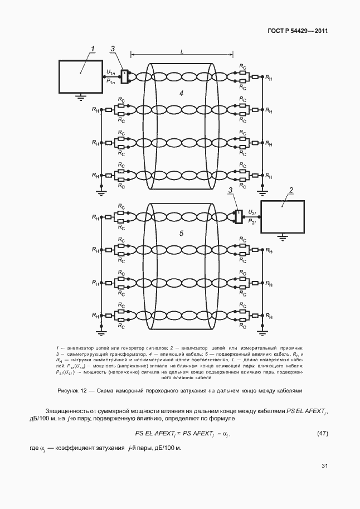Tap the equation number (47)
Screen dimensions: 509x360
click(322, 433)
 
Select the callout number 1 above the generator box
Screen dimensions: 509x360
click(94, 48)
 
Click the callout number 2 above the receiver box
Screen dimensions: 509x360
click(290, 191)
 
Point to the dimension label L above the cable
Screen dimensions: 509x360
click(182, 51)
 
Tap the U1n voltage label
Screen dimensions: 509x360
click(110, 72)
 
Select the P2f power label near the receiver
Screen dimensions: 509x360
click(251, 222)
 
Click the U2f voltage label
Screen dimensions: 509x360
click(251, 212)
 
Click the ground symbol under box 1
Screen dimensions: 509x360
click(81, 96)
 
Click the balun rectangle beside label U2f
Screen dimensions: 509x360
click(239, 217)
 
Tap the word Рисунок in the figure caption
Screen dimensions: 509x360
click(70, 390)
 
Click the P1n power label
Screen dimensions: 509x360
click(110, 81)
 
